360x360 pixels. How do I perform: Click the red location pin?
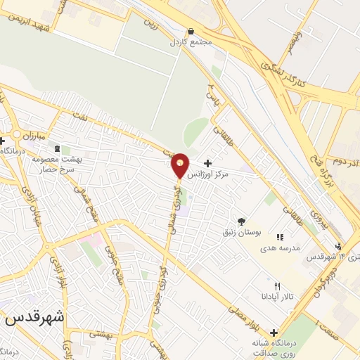pos(180,165)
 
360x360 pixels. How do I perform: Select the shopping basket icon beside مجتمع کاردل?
pos(192,32)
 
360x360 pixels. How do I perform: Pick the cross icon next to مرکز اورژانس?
pos(207,163)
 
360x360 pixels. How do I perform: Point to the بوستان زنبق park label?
pos(243,233)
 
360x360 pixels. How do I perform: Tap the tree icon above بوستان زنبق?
pos(243,221)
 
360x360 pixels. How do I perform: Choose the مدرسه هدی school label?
pos(279,248)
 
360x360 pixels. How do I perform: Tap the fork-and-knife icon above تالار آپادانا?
pos(277,286)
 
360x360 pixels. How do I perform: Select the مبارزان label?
pos(31,134)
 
